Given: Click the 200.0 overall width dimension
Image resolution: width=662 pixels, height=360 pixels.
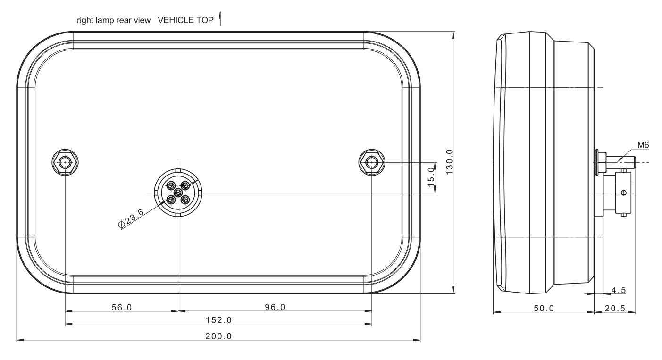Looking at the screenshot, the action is click(218, 336).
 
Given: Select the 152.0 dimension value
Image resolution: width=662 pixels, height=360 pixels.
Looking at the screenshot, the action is click(218, 320).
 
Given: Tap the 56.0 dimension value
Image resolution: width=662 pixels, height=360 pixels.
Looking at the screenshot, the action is click(122, 307).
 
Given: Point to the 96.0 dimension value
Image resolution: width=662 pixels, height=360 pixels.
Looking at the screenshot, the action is click(275, 307).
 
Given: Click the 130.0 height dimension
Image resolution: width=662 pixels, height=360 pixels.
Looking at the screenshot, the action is click(449, 162).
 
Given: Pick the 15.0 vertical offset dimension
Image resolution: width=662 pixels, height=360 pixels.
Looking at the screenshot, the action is click(431, 177).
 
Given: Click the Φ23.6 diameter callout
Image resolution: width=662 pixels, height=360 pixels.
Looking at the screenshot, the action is click(131, 218).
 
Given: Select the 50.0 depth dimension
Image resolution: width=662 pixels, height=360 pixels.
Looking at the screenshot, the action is click(544, 308).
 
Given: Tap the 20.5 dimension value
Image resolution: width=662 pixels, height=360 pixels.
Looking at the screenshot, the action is click(615, 308).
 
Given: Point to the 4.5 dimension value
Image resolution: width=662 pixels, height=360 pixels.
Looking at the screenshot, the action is click(619, 290).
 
